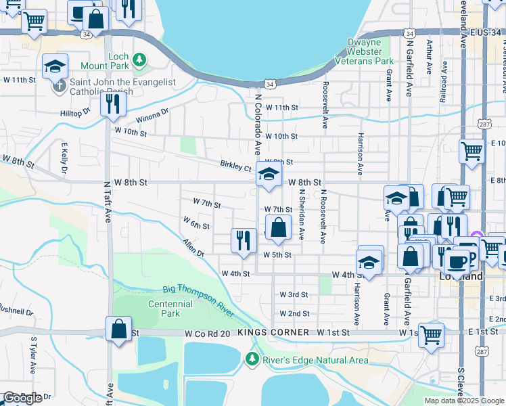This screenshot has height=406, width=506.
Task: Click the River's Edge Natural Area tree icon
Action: pos(253,359)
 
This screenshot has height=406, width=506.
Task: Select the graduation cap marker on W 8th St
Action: pos(269,176)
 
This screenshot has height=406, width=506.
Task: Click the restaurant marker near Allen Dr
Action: pos(243,240)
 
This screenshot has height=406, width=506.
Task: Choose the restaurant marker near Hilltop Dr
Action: pos(112,104)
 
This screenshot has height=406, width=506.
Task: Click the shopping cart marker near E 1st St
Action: pos(431,334)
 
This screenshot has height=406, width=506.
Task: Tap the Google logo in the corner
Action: pos(22,398)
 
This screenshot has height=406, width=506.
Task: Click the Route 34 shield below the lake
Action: pos(270,84)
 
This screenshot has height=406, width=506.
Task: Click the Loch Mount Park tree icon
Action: pos(139,60)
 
